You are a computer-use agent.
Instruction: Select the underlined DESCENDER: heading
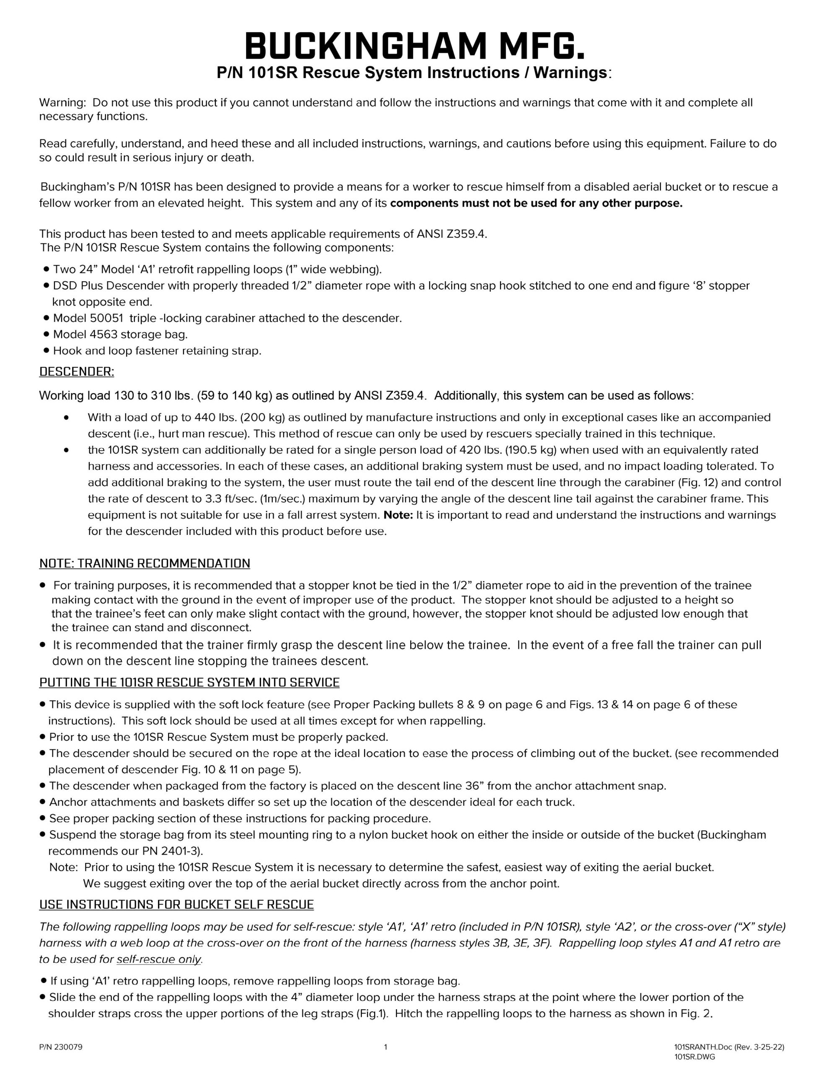tap(76, 372)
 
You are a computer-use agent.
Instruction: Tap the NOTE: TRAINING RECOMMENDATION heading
tap(145, 563)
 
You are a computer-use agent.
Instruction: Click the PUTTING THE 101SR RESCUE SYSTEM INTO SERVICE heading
tap(189, 682)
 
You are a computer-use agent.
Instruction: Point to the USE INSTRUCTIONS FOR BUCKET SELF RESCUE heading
tap(176, 905)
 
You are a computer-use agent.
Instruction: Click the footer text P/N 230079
tap(61, 1047)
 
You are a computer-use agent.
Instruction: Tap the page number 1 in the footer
tap(385, 1047)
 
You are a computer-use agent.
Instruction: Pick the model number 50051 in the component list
tap(106, 319)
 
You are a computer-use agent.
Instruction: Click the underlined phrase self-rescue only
tap(159, 959)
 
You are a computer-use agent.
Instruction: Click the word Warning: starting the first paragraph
tap(62, 103)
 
